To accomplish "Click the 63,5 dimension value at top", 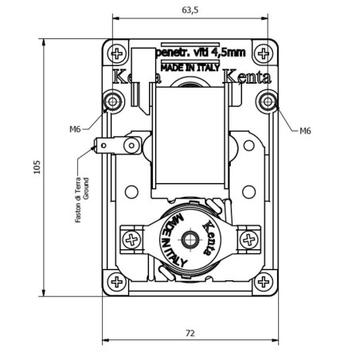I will [x=190, y=10].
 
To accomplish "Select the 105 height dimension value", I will [x=37, y=168].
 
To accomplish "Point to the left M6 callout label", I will [x=75, y=129].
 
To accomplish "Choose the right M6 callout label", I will [x=305, y=131].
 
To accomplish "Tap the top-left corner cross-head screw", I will [x=118, y=54].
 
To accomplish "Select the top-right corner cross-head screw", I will [x=262, y=54].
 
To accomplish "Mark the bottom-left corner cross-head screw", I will [x=118, y=281].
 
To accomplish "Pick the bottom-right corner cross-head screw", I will [x=262, y=281].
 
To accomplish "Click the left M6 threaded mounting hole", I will [x=113, y=101].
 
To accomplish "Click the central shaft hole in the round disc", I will [x=190, y=240].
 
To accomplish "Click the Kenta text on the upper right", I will [x=247, y=77].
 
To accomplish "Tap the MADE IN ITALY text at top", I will [x=190, y=68].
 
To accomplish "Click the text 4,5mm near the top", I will [x=228, y=53].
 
